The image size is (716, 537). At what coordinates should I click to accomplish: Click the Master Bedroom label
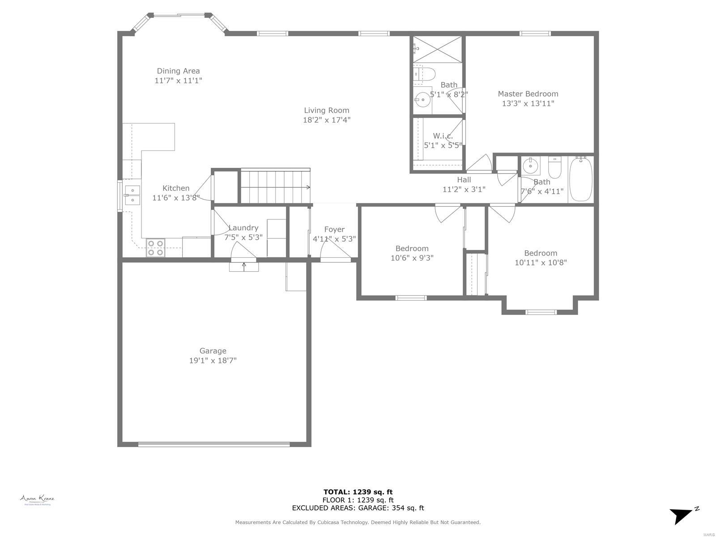(528, 94)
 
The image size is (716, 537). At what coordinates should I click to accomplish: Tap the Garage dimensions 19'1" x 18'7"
(213, 361)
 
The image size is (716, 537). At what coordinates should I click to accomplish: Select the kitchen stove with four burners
(155, 248)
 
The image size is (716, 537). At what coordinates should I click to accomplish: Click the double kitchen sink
(132, 195)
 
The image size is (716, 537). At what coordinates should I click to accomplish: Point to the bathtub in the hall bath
(581, 178)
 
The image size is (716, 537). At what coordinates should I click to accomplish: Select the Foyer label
(334, 230)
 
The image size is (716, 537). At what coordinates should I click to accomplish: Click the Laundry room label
(243, 228)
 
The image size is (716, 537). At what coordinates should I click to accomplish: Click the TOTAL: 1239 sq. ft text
(358, 492)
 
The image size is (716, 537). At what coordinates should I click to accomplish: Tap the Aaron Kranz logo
(37, 499)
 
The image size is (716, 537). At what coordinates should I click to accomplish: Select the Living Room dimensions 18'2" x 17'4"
(327, 120)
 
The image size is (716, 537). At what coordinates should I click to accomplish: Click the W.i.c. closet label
(443, 136)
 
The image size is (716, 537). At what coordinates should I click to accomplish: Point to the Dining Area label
(178, 71)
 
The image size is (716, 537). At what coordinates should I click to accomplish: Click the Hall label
(464, 180)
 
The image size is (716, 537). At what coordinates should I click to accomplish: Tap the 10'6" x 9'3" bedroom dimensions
(412, 258)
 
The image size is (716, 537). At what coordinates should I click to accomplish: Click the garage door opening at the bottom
(213, 444)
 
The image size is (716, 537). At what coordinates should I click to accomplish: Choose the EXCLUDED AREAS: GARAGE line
(358, 508)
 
